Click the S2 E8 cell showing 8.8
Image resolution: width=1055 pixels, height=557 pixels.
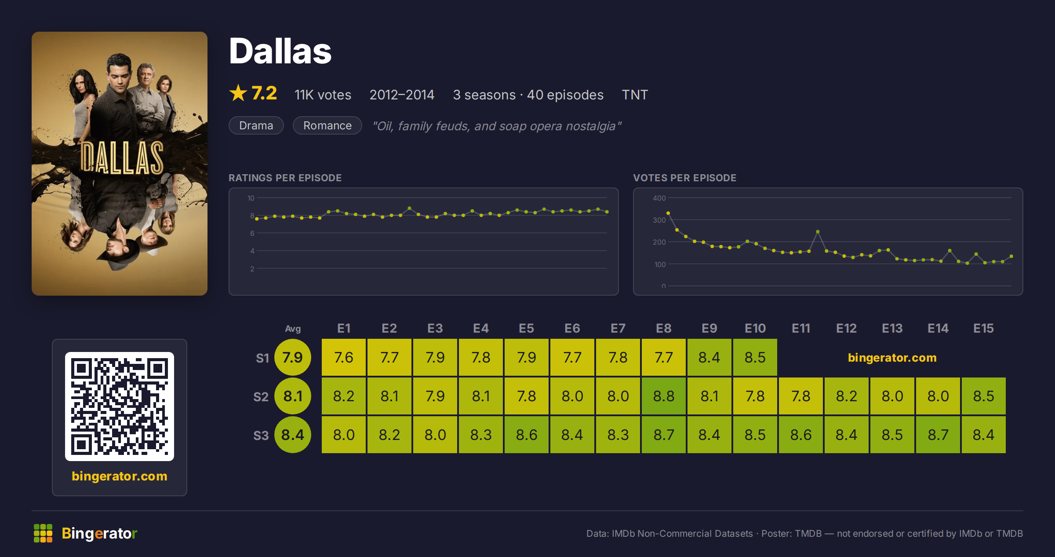click(x=664, y=396)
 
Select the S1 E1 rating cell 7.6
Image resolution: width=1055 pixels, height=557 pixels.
click(x=344, y=357)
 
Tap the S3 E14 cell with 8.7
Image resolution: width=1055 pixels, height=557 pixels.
click(x=938, y=435)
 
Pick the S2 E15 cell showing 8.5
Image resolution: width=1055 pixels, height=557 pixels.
click(x=984, y=396)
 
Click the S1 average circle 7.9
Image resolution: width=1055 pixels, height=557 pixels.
click(x=293, y=357)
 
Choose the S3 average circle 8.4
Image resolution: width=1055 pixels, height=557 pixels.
click(x=293, y=435)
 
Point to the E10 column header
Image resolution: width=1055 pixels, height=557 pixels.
click(x=755, y=328)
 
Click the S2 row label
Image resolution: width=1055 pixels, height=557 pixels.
click(x=261, y=397)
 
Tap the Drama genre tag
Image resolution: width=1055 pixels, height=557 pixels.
click(x=256, y=125)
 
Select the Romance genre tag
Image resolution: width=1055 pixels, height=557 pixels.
click(x=327, y=125)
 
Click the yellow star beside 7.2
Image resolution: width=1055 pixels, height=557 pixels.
click(x=238, y=93)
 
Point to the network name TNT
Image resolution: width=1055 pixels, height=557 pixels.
click(x=635, y=95)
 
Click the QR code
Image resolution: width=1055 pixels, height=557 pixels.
click(x=120, y=407)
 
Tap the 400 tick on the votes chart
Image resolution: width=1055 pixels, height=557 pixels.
click(x=659, y=198)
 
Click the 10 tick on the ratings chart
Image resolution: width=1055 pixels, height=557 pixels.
click(x=251, y=198)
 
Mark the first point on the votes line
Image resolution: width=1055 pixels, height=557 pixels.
click(x=668, y=213)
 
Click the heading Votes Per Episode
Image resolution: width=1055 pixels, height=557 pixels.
click(x=685, y=178)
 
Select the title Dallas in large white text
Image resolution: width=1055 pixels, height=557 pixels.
click(x=280, y=51)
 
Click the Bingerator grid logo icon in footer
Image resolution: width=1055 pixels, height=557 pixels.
click(x=43, y=533)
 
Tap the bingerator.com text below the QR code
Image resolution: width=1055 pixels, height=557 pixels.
click(x=120, y=476)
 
